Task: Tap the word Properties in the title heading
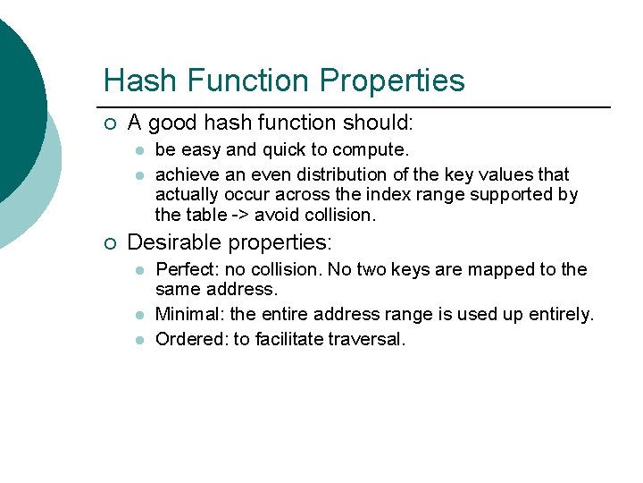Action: tap(392, 80)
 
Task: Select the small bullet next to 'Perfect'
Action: tap(139, 270)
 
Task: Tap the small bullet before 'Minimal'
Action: tap(139, 315)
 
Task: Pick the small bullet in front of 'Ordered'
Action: tap(139, 340)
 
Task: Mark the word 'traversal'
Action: tap(367, 339)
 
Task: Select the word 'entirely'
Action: tap(561, 314)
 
